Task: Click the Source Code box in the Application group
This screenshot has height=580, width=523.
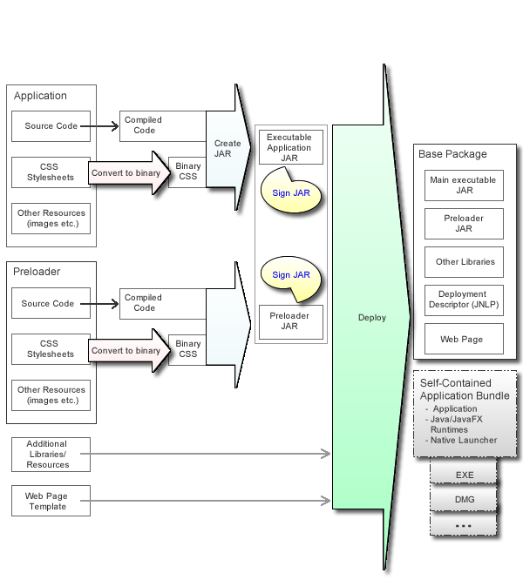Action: click(50, 126)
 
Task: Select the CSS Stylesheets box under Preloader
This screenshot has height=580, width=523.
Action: click(50, 349)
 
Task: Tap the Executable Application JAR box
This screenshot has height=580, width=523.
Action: click(289, 147)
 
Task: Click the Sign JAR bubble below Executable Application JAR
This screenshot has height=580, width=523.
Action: click(291, 192)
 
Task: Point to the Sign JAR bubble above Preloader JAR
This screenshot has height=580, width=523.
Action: click(291, 275)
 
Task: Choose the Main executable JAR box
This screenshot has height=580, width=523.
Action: click(464, 185)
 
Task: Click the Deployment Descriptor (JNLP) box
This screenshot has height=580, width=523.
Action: click(464, 300)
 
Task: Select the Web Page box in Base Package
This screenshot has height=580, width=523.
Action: click(464, 339)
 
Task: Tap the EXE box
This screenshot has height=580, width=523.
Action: click(464, 475)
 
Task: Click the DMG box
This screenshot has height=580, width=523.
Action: click(464, 499)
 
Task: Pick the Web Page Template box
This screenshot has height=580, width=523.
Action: click(45, 501)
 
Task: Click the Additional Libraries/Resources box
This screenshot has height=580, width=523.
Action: click(47, 454)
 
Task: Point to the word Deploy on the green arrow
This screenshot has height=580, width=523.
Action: click(371, 318)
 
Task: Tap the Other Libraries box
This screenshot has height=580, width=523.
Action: click(464, 261)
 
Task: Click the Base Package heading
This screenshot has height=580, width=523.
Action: click(452, 154)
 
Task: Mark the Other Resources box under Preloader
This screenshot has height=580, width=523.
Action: click(51, 395)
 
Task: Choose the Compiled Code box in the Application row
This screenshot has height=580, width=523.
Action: click(145, 125)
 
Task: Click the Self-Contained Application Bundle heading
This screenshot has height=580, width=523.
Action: click(465, 389)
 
